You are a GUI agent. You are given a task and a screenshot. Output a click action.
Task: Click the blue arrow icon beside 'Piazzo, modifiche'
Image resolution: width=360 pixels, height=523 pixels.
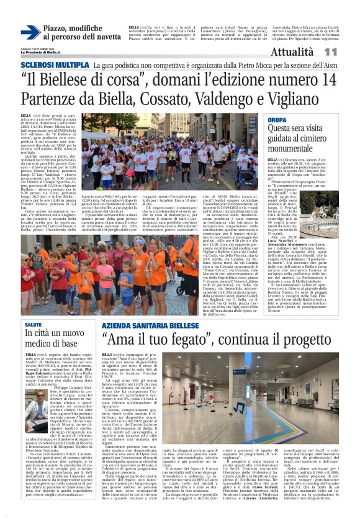click(x=30, y=33)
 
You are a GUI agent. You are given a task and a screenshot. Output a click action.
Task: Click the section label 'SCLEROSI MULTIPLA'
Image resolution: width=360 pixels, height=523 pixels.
click(x=55, y=65)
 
